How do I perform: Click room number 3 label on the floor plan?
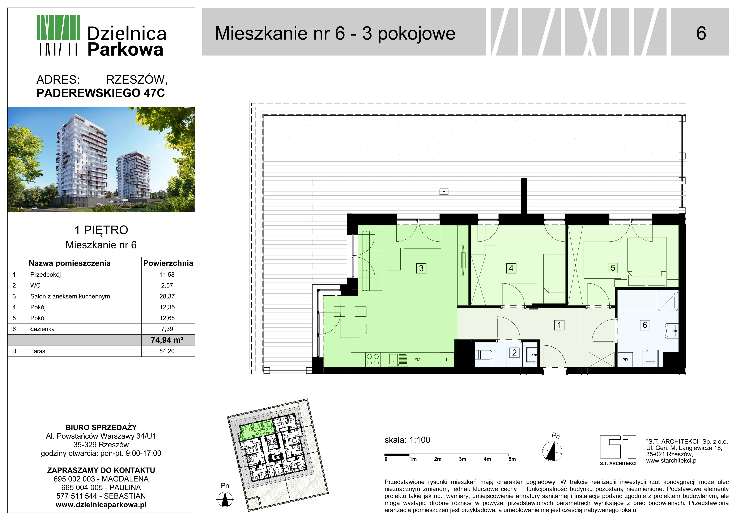point(421,268)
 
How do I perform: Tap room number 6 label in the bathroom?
point(645,325)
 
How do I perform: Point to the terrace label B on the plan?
point(444,192)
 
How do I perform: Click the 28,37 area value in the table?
point(167,296)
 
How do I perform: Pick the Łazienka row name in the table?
point(42,329)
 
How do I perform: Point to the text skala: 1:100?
point(407,440)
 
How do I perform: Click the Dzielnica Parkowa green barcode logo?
point(58,35)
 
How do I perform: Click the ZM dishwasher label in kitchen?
point(417,360)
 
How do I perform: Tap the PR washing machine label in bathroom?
point(625,360)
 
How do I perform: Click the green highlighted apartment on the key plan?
point(255,430)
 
